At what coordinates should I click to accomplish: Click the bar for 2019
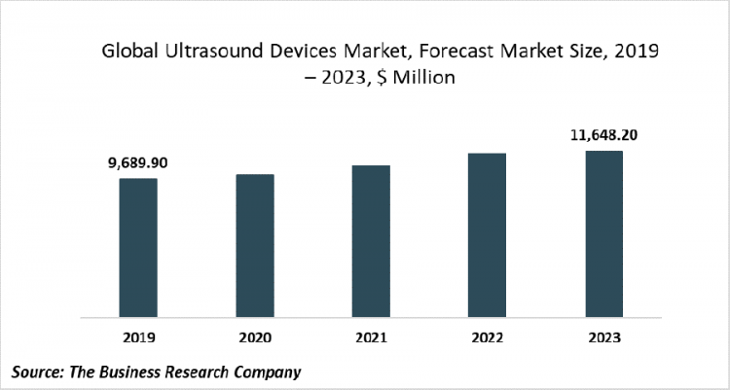point(138,248)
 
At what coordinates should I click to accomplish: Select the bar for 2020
point(255,246)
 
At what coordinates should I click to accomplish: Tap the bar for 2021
point(371,241)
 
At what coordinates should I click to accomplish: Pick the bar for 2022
point(487,235)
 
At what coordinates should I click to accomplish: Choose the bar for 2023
point(603,234)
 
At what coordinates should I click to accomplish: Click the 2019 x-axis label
point(138,337)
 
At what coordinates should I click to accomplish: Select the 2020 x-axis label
point(255,337)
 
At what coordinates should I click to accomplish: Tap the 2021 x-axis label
point(371,337)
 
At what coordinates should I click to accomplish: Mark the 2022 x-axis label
point(487,337)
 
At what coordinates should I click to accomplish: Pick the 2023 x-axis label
point(603,337)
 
